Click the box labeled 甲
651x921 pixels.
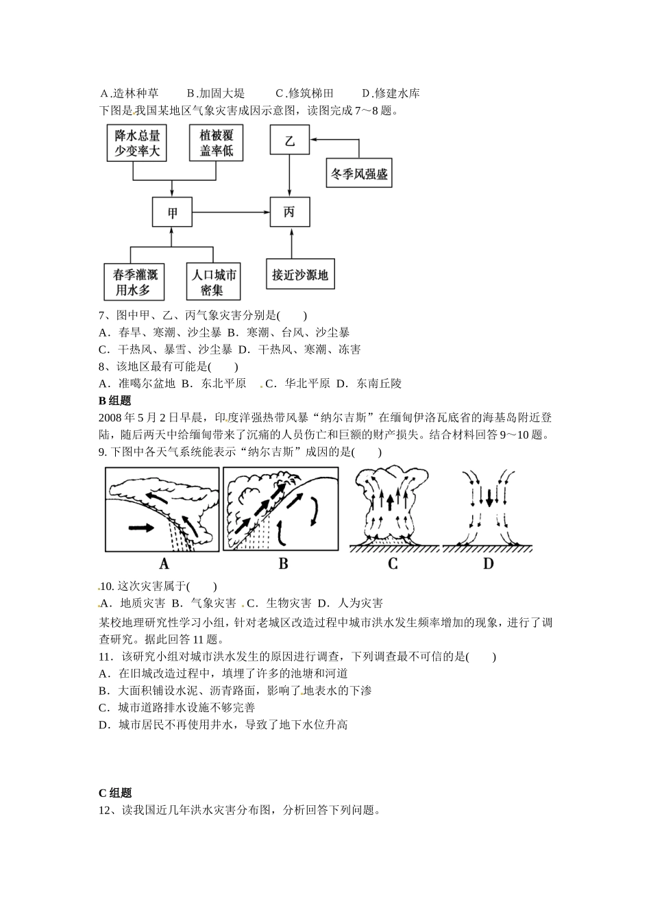click(172, 212)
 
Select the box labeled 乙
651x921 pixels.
click(290, 142)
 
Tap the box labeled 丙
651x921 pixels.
click(290, 212)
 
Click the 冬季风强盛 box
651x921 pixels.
click(359, 174)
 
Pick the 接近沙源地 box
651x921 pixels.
click(299, 275)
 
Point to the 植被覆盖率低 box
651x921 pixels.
click(217, 143)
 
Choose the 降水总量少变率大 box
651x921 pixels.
click(137, 143)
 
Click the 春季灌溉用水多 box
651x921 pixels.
click(136, 282)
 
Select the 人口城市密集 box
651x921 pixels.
click(214, 282)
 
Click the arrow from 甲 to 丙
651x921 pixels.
click(231, 212)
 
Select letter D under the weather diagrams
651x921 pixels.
click(488, 563)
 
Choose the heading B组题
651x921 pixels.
click(114, 401)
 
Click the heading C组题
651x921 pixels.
click(114, 793)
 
